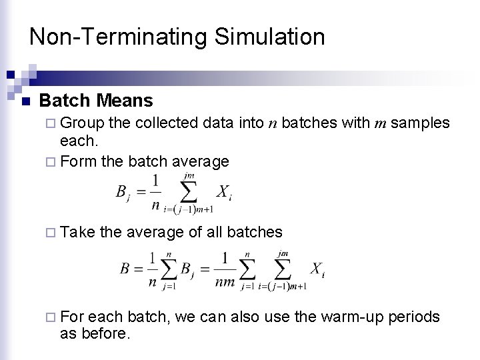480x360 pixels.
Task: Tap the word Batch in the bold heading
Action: pyautogui.click(x=65, y=101)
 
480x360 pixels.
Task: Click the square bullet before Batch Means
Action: pyautogui.click(x=25, y=102)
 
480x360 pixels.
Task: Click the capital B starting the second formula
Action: pyautogui.click(x=125, y=269)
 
